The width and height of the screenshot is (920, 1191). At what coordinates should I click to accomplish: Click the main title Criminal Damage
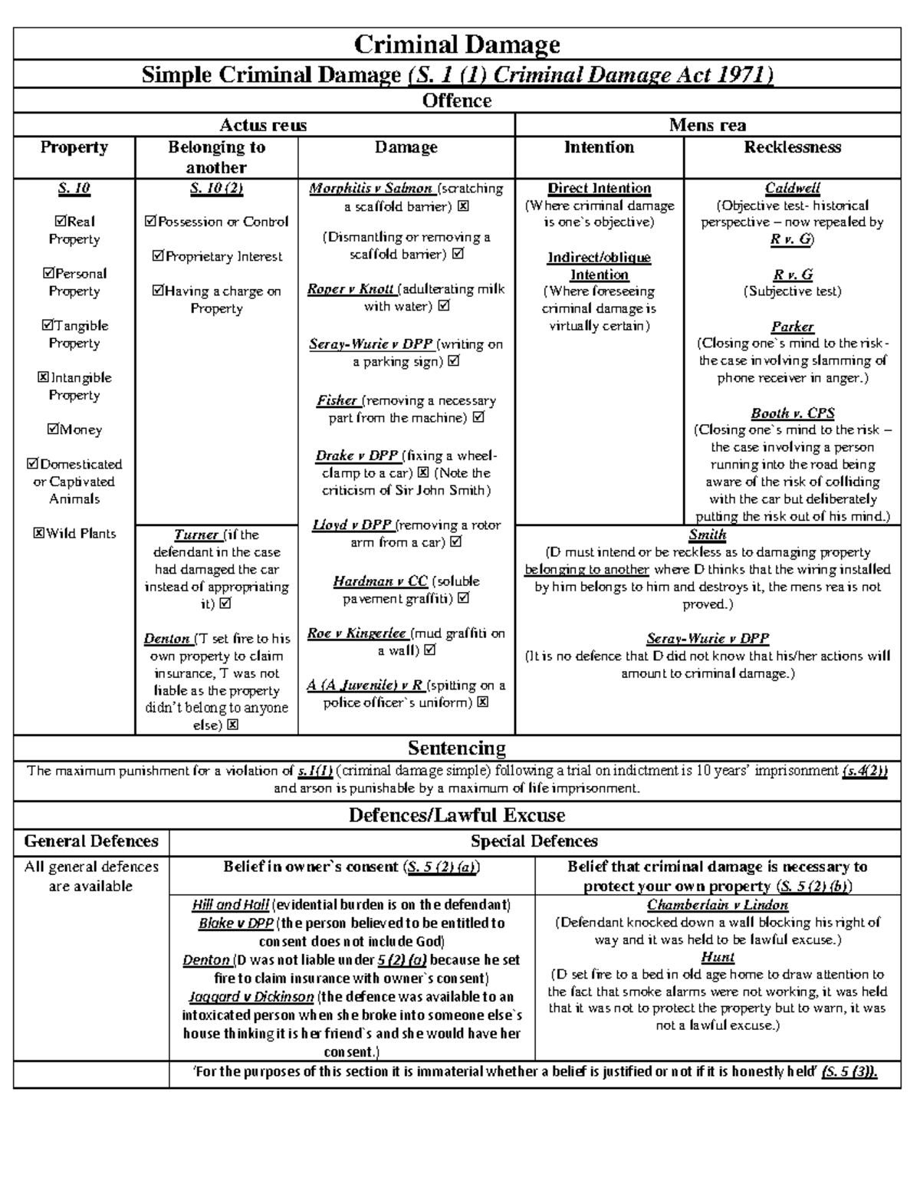[x=457, y=44]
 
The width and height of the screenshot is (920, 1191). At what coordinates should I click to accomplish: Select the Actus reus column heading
[x=263, y=125]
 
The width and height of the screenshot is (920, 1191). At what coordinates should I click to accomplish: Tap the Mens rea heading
[x=707, y=125]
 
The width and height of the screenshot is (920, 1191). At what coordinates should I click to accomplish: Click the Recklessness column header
[x=792, y=147]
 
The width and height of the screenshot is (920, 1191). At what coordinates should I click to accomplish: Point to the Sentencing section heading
[x=457, y=748]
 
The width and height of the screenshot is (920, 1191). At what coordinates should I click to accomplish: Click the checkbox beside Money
[x=53, y=429]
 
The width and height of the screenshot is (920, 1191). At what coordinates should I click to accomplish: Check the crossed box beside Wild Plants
[x=39, y=534]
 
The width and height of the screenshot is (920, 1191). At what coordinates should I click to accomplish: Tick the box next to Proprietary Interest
[x=158, y=257]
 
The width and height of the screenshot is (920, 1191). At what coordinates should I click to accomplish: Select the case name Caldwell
[x=792, y=188]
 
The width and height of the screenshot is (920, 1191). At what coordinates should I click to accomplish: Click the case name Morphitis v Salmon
[x=371, y=189]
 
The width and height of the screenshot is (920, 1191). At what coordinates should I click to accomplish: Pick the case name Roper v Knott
[x=350, y=289]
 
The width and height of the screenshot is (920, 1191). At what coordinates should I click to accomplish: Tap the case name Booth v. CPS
[x=792, y=413]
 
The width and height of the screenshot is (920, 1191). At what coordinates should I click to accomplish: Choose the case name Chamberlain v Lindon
[x=718, y=905]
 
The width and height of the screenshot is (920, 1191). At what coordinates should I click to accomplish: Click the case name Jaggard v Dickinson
[x=251, y=997]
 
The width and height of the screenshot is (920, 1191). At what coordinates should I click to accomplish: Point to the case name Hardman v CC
[x=380, y=581]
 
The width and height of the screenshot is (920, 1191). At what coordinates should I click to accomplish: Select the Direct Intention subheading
[x=599, y=189]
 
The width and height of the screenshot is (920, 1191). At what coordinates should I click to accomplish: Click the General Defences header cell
[x=91, y=841]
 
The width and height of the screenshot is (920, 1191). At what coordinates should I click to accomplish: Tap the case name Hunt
[x=718, y=957]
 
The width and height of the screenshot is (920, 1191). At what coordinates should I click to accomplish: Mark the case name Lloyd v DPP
[x=352, y=525]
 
